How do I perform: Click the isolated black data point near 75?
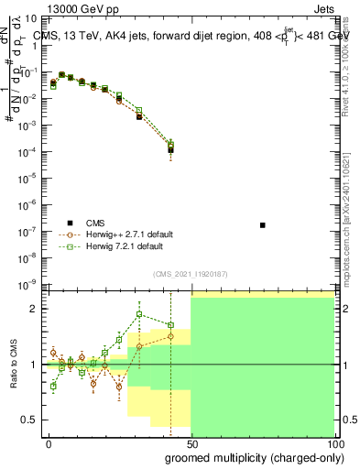click(x=262, y=224)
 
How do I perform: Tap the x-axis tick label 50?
click(x=191, y=443)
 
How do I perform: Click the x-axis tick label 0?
click(x=49, y=443)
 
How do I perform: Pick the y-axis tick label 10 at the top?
click(x=31, y=18)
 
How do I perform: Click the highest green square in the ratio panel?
click(x=138, y=314)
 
